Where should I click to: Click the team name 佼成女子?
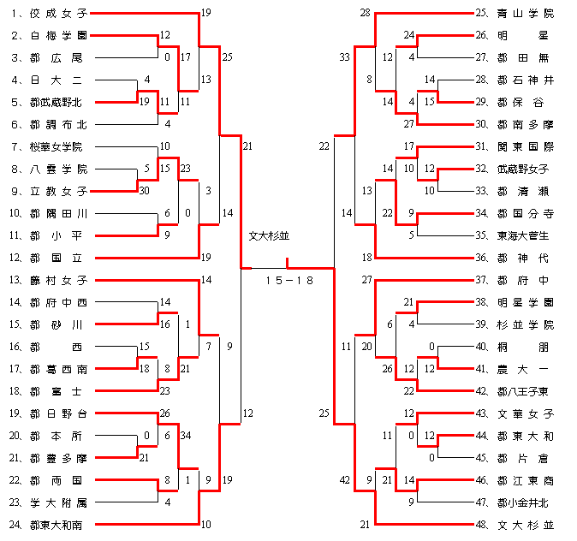tap(58, 14)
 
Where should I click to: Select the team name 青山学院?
tap(525, 14)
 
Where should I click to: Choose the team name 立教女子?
tap(58, 191)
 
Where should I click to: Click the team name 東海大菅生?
tap(525, 235)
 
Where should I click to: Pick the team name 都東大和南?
tap(58, 523)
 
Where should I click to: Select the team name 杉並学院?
tap(525, 324)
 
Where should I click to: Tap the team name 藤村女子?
tap(58, 280)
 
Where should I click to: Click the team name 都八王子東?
tap(525, 390)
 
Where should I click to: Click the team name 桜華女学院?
tap(58, 146)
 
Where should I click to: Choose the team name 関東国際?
tap(525, 146)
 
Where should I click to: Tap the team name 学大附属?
tap(58, 502)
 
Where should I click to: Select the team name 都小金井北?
tap(525, 502)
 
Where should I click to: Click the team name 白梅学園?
tap(58, 36)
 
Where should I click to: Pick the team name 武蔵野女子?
tap(525, 169)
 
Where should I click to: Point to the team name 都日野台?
tap(58, 413)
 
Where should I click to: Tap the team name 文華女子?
tap(525, 413)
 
